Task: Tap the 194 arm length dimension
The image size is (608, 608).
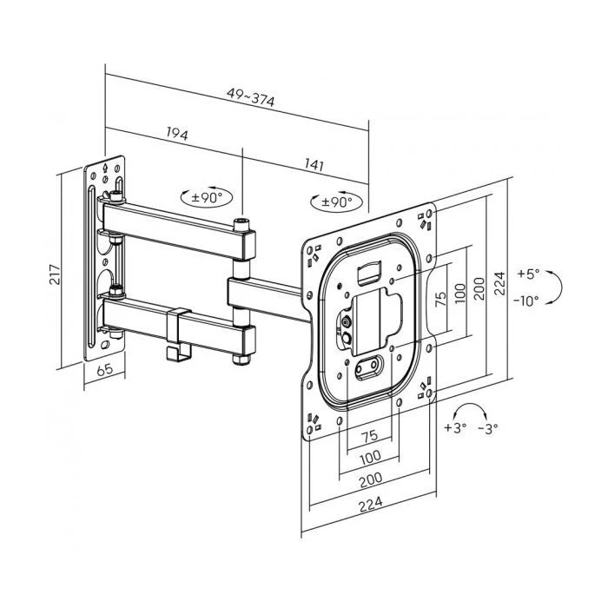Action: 176,135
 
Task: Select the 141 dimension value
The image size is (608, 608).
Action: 315,163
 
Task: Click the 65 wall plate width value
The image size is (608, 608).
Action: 104,370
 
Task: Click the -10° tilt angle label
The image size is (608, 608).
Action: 525,300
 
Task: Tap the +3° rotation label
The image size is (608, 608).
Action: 454,427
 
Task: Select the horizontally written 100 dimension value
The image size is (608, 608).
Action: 371,457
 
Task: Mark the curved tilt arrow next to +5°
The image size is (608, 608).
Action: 560,287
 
